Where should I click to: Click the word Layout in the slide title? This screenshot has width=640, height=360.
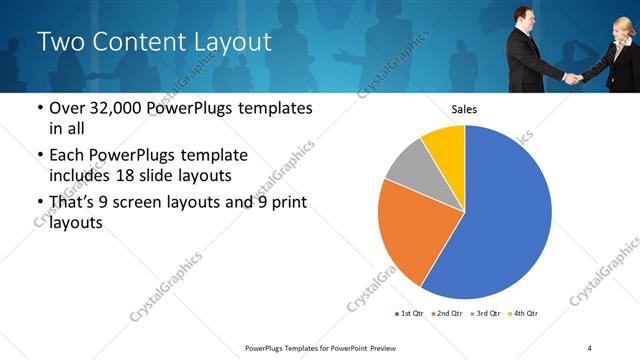pyautogui.click(x=233, y=42)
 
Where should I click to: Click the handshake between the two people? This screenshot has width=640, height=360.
pyautogui.click(x=572, y=77)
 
